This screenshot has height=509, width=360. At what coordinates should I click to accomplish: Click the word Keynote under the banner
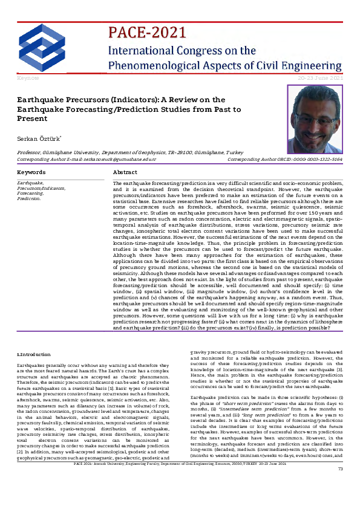[x=28, y=79]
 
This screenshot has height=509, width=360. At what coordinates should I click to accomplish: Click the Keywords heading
[x=32, y=172]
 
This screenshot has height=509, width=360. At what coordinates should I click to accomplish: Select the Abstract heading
[x=125, y=172]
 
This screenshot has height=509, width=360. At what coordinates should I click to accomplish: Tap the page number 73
[x=340, y=503]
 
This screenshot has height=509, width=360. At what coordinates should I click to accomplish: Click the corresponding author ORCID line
[x=284, y=160]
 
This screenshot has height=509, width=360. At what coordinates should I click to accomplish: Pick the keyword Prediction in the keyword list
[x=29, y=198]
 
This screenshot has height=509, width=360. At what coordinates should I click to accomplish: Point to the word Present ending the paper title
[x=35, y=119]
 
